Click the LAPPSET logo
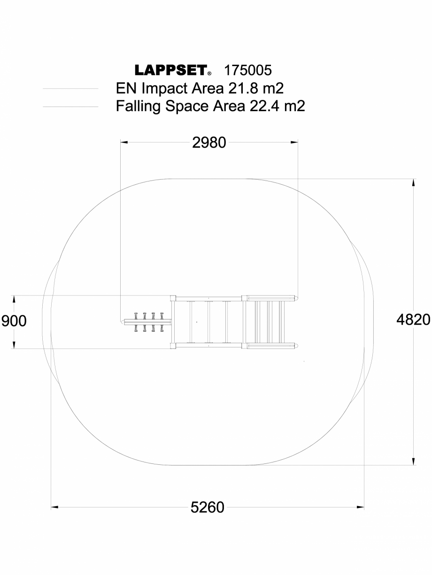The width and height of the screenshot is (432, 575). (x=171, y=70)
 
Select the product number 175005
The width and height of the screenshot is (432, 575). (x=248, y=70)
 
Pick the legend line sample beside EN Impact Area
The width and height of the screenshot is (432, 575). (x=70, y=88)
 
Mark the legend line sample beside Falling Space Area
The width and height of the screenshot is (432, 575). (x=70, y=106)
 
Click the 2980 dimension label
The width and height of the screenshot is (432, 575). (x=209, y=142)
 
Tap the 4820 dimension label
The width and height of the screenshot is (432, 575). (x=413, y=320)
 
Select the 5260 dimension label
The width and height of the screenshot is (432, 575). (x=208, y=507)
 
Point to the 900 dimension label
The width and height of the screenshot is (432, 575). (x=14, y=321)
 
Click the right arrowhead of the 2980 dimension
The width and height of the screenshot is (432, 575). (x=295, y=142)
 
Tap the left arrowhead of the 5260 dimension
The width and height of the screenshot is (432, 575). (x=54, y=507)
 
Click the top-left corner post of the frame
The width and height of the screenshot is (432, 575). (x=173, y=298)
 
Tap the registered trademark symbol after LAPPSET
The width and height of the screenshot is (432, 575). (x=209, y=74)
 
